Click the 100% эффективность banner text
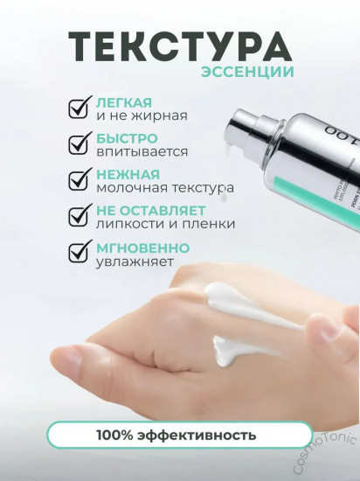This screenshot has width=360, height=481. point(179,434)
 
